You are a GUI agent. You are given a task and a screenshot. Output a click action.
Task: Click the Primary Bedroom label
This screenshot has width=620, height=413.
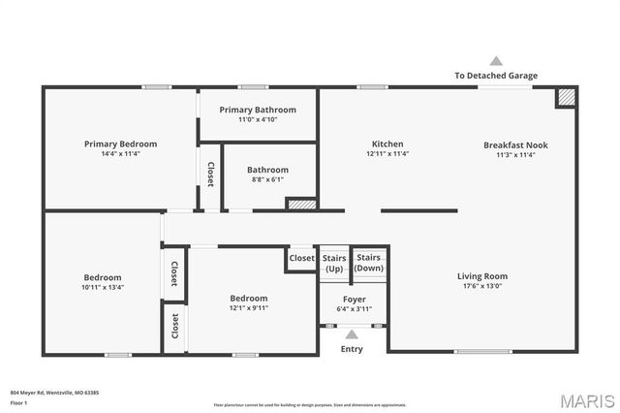[120, 143]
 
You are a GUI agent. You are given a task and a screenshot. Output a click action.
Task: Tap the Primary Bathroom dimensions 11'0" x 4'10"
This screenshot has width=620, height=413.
[258, 121]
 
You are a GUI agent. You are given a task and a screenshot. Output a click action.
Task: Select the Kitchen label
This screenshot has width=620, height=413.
[387, 143]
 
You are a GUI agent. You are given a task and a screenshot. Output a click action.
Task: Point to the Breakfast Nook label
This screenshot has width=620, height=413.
[515, 144]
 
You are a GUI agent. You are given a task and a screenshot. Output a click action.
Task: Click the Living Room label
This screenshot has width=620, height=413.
[482, 276]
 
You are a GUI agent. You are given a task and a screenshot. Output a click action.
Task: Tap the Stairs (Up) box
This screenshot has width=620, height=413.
[333, 262]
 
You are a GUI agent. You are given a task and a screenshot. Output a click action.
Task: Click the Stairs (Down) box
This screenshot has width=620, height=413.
[368, 262]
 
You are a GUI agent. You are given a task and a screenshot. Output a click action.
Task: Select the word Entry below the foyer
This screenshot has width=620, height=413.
[352, 349]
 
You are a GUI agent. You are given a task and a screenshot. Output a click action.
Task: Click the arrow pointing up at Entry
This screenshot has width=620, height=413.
[352, 334]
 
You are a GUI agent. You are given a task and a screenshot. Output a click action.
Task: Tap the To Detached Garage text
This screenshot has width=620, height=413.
[496, 76]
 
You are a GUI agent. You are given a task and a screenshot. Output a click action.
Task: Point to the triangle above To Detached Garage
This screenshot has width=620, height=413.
[496, 60]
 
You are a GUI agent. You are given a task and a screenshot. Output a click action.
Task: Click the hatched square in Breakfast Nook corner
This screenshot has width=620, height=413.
[566, 97]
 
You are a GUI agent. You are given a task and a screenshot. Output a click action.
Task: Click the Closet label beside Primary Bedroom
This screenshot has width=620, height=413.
[210, 173]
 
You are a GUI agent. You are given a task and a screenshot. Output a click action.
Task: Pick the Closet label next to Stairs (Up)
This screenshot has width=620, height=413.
[302, 258]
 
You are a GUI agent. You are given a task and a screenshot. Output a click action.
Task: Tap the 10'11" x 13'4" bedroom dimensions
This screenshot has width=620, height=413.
[102, 287]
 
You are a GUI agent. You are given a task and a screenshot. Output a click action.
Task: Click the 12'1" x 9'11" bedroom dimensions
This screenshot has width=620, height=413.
[249, 308]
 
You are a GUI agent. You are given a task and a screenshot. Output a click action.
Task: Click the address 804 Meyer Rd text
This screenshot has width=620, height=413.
[54, 393]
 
